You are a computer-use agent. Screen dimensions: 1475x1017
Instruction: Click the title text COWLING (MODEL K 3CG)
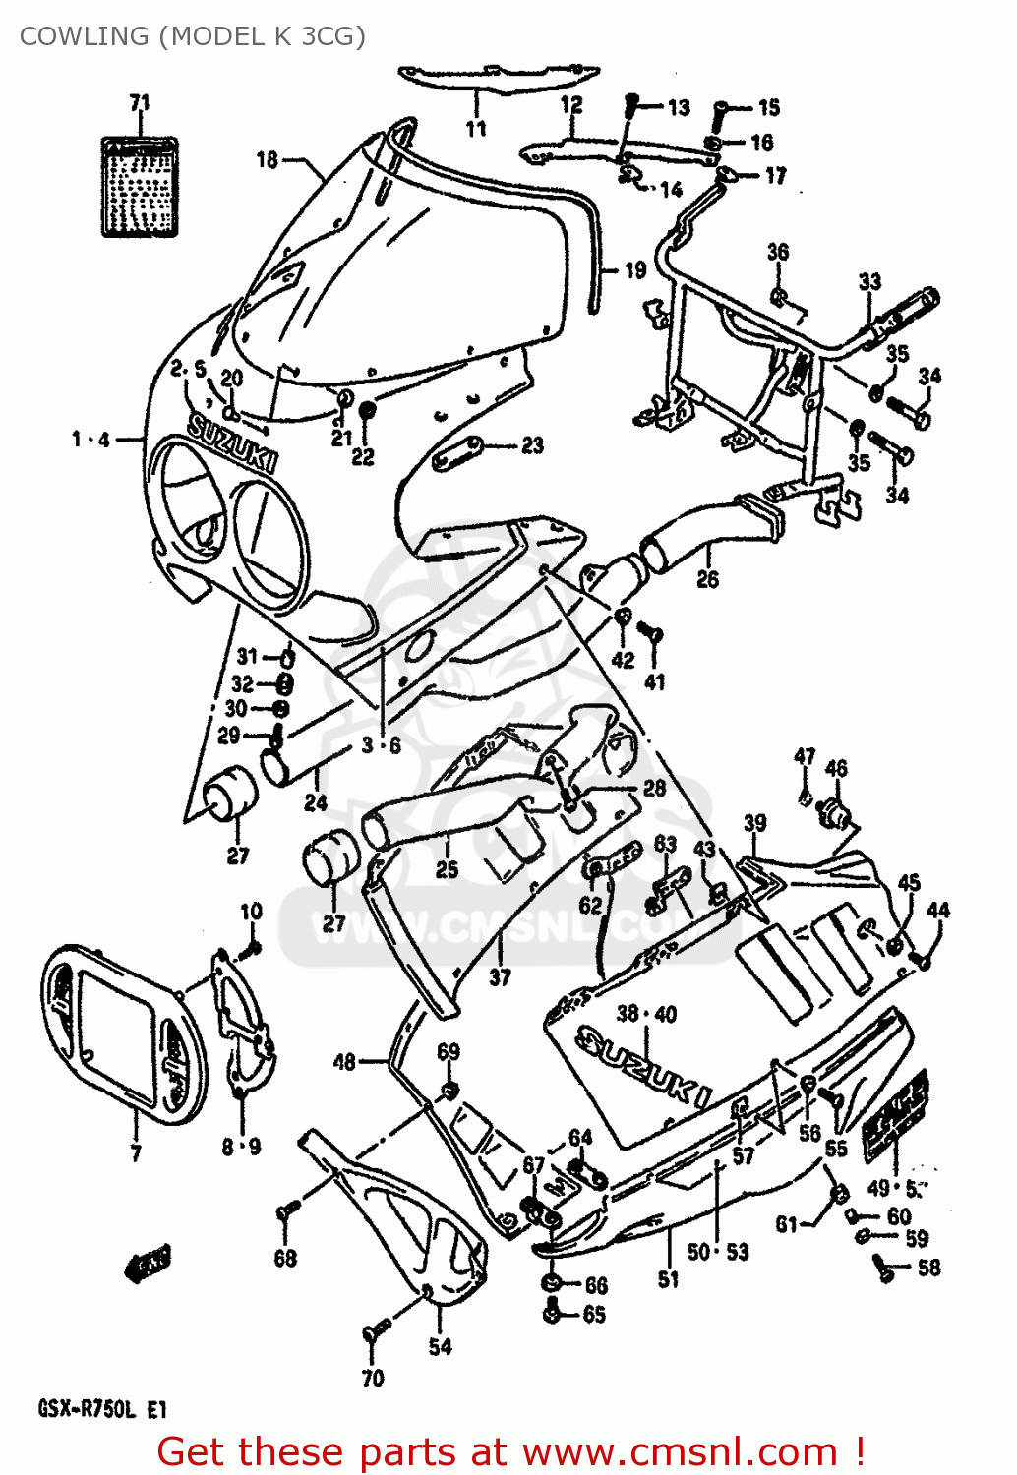(x=193, y=36)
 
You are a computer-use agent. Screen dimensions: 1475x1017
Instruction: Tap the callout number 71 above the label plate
(x=140, y=102)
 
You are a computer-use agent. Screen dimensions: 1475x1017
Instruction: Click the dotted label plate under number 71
(x=141, y=187)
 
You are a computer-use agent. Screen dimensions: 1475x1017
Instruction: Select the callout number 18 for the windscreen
(x=267, y=159)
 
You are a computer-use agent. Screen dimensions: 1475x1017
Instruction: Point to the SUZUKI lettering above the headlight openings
(x=232, y=444)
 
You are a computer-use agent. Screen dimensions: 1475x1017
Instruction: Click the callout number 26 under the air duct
(x=707, y=579)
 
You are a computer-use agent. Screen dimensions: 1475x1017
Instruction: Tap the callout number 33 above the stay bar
(x=869, y=282)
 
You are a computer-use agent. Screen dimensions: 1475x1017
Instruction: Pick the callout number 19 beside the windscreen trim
(x=635, y=269)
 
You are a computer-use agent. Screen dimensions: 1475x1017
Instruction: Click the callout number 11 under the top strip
(x=476, y=129)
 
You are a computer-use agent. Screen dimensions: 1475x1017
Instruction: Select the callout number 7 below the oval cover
(x=136, y=1152)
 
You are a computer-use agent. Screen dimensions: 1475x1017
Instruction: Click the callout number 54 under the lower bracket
(x=440, y=1346)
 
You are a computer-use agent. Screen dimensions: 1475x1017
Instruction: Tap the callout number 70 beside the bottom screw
(x=372, y=1379)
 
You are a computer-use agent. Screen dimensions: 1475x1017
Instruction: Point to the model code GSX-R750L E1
(x=102, y=1409)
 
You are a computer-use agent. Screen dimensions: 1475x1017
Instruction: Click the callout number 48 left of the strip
(x=344, y=1061)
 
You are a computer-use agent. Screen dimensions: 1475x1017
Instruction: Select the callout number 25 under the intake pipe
(x=447, y=869)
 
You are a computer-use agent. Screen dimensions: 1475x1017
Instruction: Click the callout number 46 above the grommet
(x=836, y=768)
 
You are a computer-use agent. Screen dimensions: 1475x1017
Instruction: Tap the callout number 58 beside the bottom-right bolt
(x=928, y=1268)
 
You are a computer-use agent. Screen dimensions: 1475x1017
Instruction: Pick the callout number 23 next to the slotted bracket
(x=532, y=445)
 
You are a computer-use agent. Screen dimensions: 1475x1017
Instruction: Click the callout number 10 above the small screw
(x=252, y=912)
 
